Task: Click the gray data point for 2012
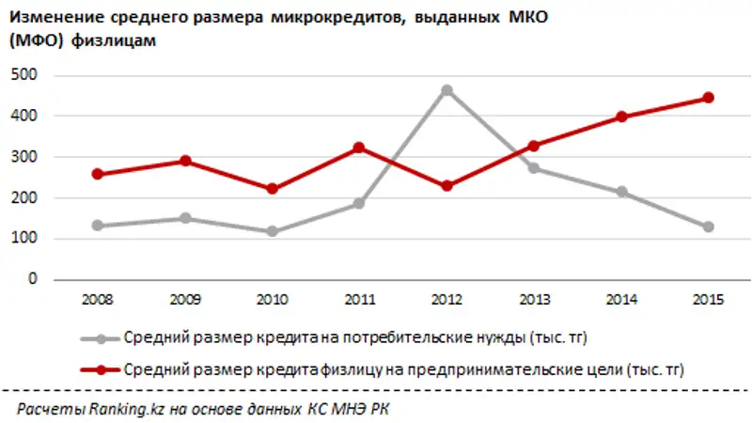click(x=447, y=90)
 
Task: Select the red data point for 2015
click(x=709, y=98)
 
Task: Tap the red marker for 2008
click(x=98, y=174)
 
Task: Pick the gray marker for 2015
click(x=709, y=227)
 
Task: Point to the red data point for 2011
click(x=359, y=148)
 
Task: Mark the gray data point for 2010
click(x=272, y=230)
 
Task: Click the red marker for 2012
click(x=447, y=186)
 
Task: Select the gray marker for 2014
click(x=621, y=192)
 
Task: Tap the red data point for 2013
click(x=534, y=146)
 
